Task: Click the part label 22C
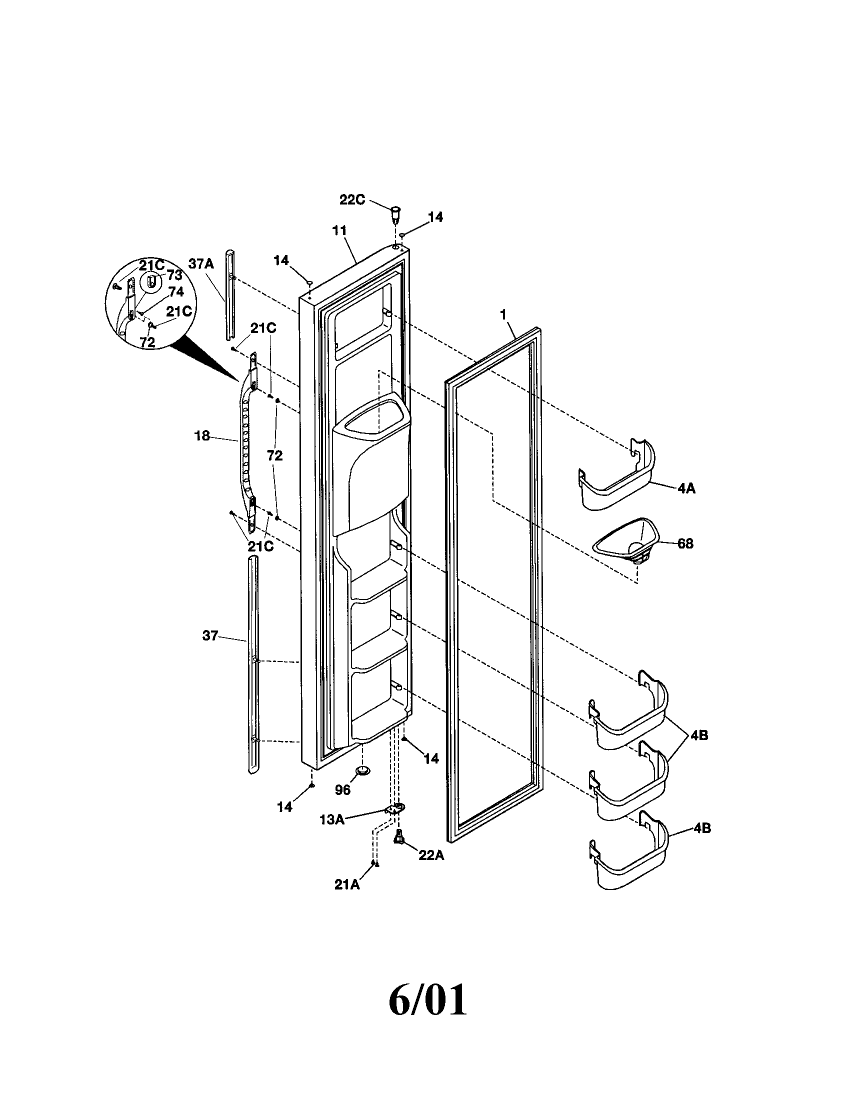[x=351, y=200]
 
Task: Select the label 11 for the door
[x=339, y=231]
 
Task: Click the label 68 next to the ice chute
[x=685, y=543]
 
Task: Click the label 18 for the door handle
[x=202, y=435]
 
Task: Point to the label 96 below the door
[x=342, y=789]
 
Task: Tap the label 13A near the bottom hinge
[x=332, y=819]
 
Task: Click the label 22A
[x=431, y=855]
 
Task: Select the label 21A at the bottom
[x=347, y=884]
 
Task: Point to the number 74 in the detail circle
[x=175, y=291]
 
